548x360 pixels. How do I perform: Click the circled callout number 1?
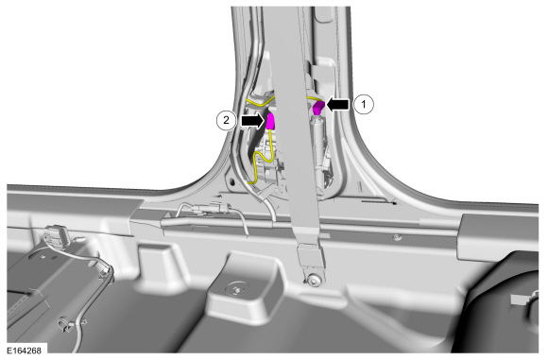(364, 104)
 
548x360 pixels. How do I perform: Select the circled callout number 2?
(226, 120)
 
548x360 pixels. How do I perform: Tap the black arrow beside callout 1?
(337, 104)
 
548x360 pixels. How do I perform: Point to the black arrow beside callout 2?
(252, 121)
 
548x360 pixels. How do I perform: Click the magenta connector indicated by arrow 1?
(318, 108)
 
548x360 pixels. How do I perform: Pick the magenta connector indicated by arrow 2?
(270, 121)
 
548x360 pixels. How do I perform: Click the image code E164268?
(24, 351)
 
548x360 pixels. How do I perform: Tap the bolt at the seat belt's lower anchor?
(314, 280)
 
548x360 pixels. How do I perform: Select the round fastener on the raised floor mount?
(235, 289)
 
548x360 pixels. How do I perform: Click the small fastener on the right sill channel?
(397, 238)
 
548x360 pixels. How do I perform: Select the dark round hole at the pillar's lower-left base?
(231, 182)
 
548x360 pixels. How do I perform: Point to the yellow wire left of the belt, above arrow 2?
(259, 102)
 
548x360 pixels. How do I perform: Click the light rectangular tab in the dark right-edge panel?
(520, 300)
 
